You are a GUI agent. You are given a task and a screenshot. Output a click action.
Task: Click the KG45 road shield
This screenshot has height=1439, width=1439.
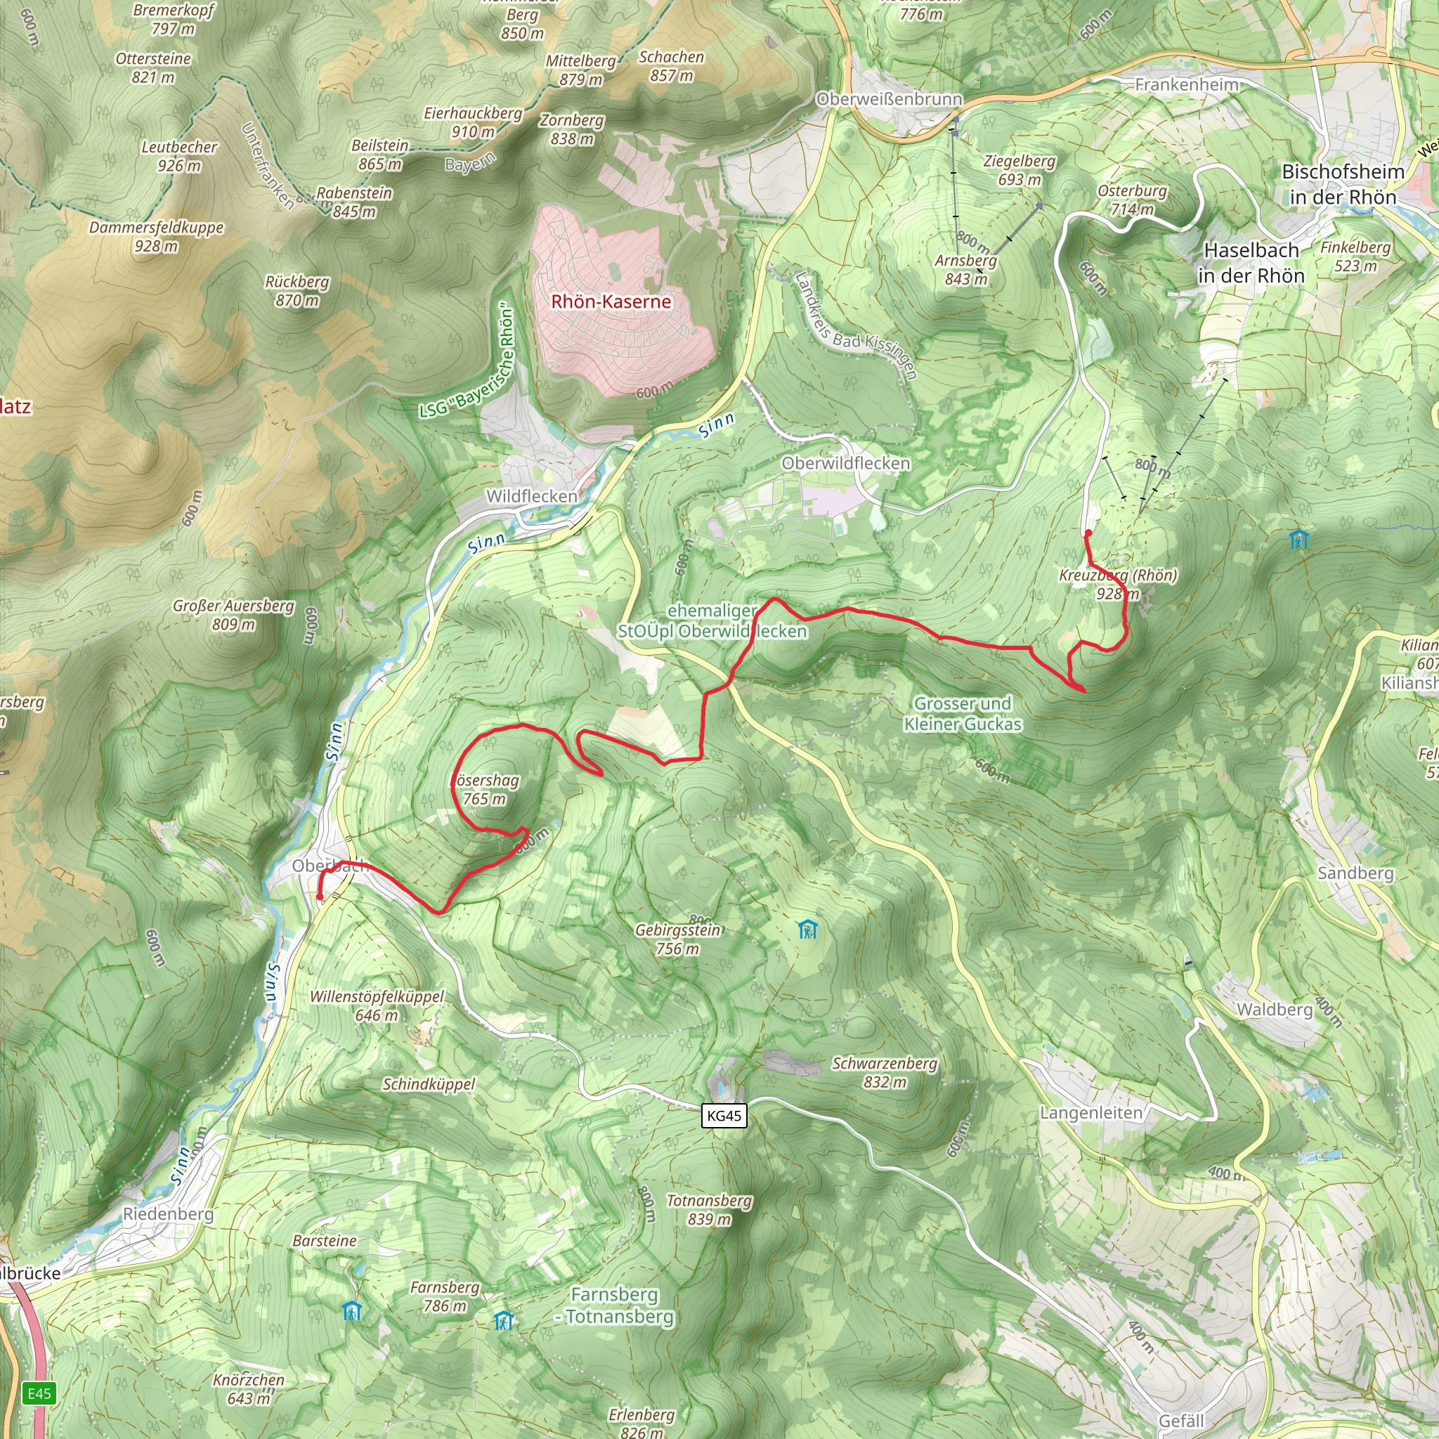tap(724, 1116)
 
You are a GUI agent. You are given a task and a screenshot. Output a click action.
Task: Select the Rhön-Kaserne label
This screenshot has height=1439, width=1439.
tap(611, 301)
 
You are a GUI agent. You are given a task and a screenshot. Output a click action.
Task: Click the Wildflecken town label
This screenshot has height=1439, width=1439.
tap(531, 496)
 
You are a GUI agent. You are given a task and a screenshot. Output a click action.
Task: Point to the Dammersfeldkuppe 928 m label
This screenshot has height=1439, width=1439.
tap(157, 237)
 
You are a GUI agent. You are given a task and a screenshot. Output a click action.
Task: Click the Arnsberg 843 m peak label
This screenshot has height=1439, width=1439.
tap(965, 270)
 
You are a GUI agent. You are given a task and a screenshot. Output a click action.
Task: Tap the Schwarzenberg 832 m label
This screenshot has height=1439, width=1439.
tap(884, 1072)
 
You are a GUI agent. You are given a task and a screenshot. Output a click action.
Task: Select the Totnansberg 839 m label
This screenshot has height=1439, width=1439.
tap(708, 1211)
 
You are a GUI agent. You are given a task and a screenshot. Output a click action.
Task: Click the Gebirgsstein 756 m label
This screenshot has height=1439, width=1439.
tap(678, 939)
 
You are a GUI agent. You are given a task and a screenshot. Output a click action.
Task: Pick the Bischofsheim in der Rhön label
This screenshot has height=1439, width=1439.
tap(1343, 184)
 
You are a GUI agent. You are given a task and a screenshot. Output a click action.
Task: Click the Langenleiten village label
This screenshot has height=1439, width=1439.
tap(1091, 1113)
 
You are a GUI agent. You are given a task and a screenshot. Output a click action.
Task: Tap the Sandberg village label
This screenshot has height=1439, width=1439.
tap(1355, 873)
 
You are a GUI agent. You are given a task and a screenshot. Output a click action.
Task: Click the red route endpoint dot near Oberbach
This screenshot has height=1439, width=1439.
tap(320, 897)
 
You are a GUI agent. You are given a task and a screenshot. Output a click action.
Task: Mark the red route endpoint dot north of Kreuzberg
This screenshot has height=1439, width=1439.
tap(1088, 533)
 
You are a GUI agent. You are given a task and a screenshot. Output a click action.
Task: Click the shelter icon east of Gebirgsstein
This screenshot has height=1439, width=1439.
tap(807, 930)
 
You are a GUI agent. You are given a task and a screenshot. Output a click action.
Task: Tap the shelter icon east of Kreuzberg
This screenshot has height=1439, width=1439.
tap(1298, 538)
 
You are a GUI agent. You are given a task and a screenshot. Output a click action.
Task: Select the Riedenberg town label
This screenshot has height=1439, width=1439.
tap(168, 1214)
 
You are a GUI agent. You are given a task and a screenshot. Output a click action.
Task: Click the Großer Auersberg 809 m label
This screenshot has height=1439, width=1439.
tap(234, 616)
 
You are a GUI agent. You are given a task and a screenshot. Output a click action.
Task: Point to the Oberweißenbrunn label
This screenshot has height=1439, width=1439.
tap(890, 99)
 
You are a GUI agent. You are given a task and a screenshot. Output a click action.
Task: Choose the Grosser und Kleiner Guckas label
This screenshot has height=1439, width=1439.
tap(963, 714)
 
